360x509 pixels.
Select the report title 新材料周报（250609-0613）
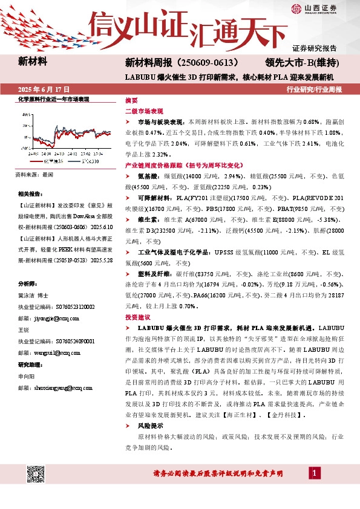pos(186,62)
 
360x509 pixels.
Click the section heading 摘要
pos(131,100)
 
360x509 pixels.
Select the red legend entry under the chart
pos(39,161)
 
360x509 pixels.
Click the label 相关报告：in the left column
pos(31,194)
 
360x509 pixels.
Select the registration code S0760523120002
pos(70,306)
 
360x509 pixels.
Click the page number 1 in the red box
pos(315,472)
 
